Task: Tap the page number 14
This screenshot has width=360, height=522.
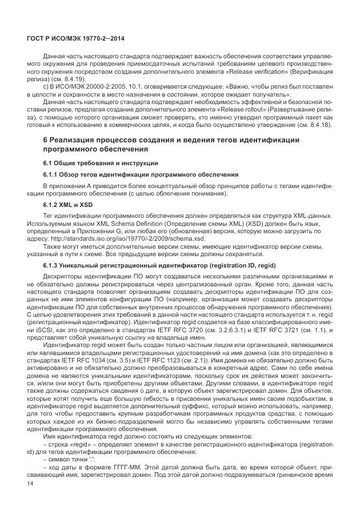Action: point(30,484)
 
